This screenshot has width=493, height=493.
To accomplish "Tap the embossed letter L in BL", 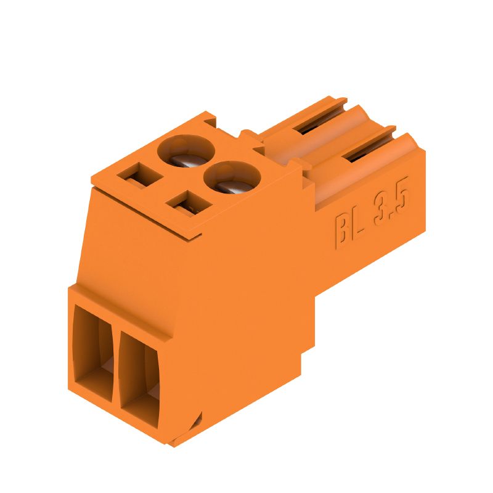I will [360, 222].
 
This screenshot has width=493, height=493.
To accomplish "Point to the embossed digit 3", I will [385, 213].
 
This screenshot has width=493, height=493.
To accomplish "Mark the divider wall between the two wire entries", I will [115, 364].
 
